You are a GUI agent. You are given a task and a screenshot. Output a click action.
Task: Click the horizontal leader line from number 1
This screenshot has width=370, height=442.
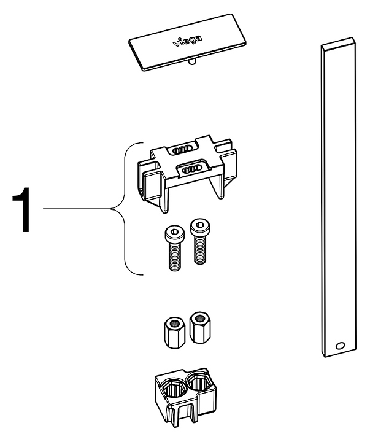(80, 210)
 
